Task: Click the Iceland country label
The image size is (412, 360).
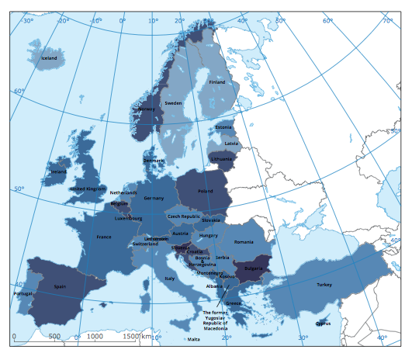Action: [49, 58]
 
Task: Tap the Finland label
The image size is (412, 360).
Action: [216, 82]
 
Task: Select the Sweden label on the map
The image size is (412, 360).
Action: [172, 103]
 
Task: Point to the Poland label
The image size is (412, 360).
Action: [205, 190]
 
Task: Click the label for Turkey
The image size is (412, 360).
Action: [324, 285]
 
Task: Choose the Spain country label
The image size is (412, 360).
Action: [61, 286]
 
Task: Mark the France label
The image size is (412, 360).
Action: [104, 237]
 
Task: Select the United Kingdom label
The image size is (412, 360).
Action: [88, 189]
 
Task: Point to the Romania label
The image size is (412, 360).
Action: [243, 230]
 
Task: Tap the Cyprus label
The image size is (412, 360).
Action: [324, 324]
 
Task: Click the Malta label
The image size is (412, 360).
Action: [193, 339]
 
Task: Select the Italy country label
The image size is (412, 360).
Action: [170, 278]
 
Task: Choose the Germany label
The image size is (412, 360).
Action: [154, 198]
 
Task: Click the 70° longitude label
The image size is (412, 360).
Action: [387, 21]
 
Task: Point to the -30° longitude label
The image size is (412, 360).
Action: [28, 21]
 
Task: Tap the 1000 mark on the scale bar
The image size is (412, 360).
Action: [94, 337]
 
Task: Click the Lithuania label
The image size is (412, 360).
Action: [220, 159]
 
